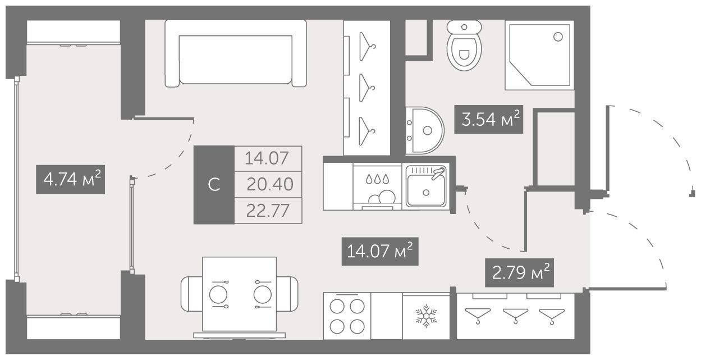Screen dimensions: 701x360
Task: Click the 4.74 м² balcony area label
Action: (70, 179)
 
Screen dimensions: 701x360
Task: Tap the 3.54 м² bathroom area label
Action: (488, 119)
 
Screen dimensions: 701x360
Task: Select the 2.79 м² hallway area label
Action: (519, 272)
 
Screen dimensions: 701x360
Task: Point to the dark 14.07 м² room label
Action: (380, 252)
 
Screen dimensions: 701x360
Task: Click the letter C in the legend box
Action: (214, 185)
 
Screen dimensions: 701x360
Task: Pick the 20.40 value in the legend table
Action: (270, 184)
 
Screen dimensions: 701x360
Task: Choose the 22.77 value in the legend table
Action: (268, 211)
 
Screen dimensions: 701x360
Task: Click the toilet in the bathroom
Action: (464, 45)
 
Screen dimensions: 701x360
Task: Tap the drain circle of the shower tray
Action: (558, 37)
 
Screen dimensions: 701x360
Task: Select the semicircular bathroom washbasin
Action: (425, 130)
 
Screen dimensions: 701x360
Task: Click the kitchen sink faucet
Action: (438, 173)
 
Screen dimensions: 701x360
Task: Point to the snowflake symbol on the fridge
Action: (426, 316)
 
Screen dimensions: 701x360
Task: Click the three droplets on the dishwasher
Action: (377, 179)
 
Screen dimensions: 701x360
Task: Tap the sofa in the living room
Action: (236, 53)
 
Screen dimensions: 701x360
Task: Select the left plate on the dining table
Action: (218, 295)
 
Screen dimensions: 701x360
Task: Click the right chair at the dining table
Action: (287, 294)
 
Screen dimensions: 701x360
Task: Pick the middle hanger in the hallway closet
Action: (515, 316)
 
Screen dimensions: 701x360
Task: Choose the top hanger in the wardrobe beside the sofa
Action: (366, 46)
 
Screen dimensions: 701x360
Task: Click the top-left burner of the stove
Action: (337, 306)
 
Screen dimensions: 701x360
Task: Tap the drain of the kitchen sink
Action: (426, 193)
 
